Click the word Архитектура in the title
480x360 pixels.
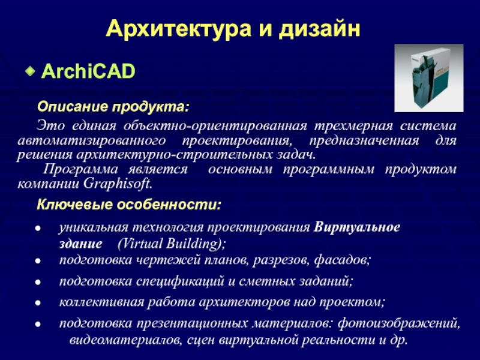click(x=178, y=29)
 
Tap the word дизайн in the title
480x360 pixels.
click(x=319, y=29)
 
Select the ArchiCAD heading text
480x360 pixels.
click(x=88, y=71)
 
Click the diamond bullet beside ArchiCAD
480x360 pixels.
click(x=30, y=71)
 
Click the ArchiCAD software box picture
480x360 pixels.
click(x=428, y=78)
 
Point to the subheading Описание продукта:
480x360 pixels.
click(x=113, y=107)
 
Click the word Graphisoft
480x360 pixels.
click(x=118, y=184)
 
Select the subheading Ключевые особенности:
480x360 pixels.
click(x=129, y=205)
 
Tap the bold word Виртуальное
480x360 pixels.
click(x=356, y=227)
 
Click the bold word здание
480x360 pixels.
click(x=80, y=244)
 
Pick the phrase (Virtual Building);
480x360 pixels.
click(x=172, y=244)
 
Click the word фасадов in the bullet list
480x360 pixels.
click(x=342, y=260)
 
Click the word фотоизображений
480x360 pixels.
click(x=398, y=323)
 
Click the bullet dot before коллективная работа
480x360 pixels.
click(x=38, y=303)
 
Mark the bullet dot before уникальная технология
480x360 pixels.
click(x=38, y=229)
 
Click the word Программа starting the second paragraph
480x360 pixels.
click(x=80, y=169)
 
